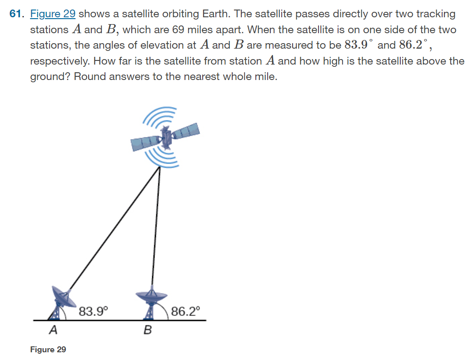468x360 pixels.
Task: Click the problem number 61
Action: click(x=15, y=14)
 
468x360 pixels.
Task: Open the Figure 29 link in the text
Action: click(x=53, y=14)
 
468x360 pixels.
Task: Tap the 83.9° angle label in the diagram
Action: click(x=93, y=311)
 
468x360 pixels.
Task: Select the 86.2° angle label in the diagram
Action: click(x=185, y=311)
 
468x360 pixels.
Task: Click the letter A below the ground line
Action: click(x=53, y=330)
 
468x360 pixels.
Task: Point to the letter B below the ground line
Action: click(x=148, y=330)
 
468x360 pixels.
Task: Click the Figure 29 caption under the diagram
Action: click(x=48, y=349)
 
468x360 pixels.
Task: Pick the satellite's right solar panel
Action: click(x=186, y=131)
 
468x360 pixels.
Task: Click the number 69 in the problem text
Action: click(x=178, y=30)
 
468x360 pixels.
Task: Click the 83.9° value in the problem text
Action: click(x=358, y=45)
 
